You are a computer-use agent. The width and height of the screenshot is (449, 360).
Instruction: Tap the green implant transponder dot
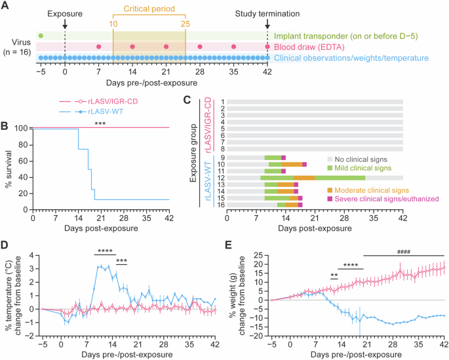tap(41, 35)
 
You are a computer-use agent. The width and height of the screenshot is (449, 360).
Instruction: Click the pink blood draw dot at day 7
tap(98, 47)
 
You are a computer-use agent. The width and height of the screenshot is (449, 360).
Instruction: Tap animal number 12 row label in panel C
tap(223, 178)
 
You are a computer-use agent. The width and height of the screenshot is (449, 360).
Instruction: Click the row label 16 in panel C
tap(223, 204)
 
